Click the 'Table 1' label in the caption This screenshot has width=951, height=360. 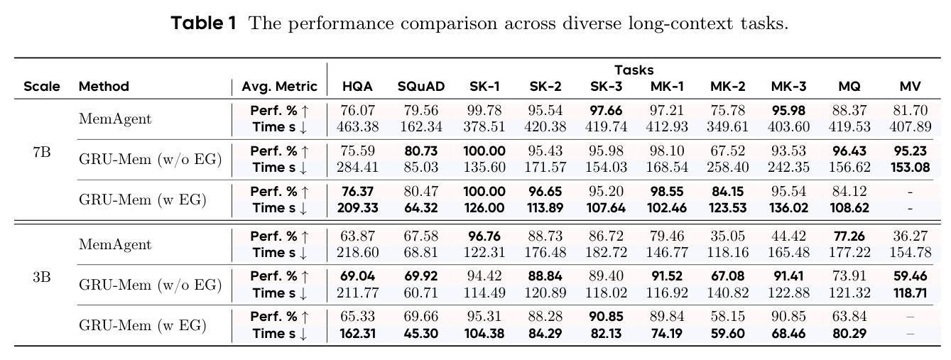(203, 23)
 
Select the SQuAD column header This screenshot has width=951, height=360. (420, 86)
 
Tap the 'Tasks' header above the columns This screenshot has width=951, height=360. (634, 70)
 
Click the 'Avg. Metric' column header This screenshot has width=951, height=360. (279, 87)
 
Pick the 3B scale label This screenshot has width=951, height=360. (42, 277)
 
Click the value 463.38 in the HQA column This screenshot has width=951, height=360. (357, 126)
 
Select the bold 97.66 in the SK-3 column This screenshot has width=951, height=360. (606, 110)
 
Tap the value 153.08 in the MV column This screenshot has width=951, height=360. (910, 168)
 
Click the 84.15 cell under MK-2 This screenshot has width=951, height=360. (728, 192)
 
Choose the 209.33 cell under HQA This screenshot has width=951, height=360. (357, 208)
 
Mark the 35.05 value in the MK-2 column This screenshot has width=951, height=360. (728, 236)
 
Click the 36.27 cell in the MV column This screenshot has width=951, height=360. (910, 236)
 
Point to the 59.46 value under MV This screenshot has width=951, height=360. (910, 276)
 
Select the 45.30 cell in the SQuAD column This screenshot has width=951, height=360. (420, 334)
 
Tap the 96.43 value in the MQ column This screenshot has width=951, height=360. (849, 151)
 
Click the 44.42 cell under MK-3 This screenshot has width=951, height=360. (788, 236)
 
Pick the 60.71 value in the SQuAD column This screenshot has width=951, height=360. (420, 293)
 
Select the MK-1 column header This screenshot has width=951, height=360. (667, 86)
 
